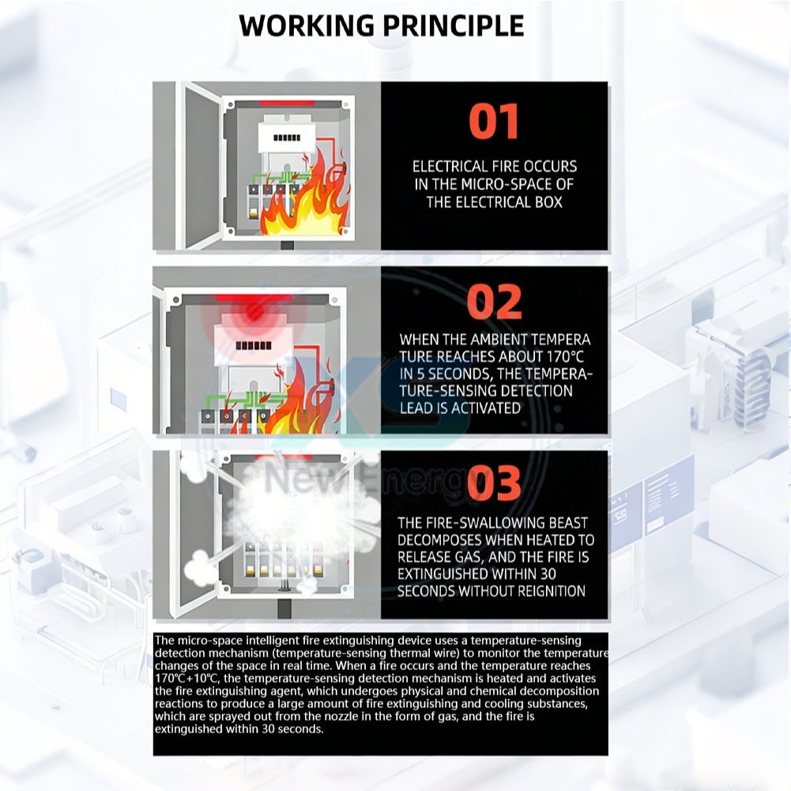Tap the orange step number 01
(493, 121)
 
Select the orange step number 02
(494, 302)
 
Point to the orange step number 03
(494, 483)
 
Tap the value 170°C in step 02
(565, 356)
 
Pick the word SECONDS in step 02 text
(458, 374)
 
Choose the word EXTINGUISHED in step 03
(443, 574)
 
